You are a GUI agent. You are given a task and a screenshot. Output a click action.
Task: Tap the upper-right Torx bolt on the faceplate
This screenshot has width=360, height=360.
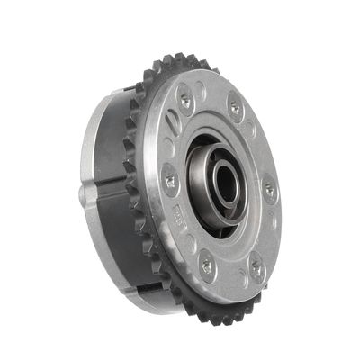pyautogui.click(x=236, y=107)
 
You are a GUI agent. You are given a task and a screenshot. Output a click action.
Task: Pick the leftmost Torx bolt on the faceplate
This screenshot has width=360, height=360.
pyautogui.click(x=168, y=181)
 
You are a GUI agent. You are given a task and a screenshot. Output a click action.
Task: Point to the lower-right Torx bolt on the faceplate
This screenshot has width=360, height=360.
pyautogui.click(x=256, y=266)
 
